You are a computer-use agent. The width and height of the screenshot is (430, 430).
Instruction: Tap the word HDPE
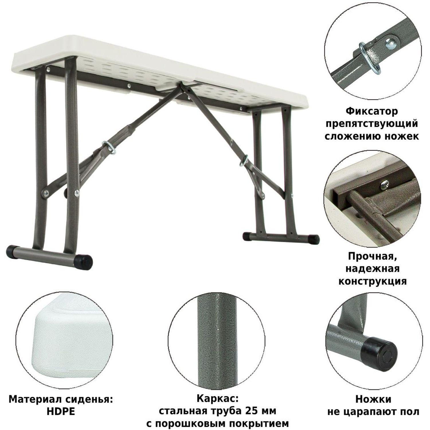coord(60,412)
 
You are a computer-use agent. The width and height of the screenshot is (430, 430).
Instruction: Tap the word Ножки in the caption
coord(373,399)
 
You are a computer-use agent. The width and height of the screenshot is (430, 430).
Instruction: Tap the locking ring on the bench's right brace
coord(244,160)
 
